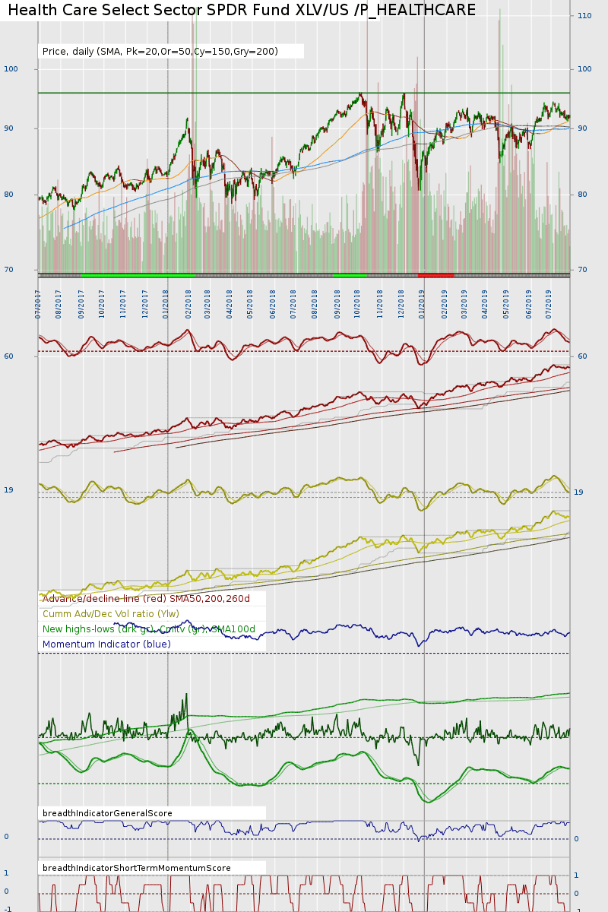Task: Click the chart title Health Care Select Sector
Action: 242,11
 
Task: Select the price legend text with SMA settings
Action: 160,52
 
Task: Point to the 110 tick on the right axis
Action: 584,15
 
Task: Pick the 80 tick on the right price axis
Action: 582,195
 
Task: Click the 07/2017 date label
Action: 38,302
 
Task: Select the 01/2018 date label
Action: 166,302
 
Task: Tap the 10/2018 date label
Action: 357,302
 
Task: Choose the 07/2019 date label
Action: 549,302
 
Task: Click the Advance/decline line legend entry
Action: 146,599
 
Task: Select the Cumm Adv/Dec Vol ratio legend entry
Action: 111,614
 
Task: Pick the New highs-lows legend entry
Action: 149,629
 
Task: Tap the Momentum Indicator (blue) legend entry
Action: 106,644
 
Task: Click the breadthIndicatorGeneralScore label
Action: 107,813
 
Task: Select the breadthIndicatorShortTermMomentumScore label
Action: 137,868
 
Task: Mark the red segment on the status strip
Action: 435,275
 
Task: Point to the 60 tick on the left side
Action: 8,356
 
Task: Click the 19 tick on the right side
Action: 578,492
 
